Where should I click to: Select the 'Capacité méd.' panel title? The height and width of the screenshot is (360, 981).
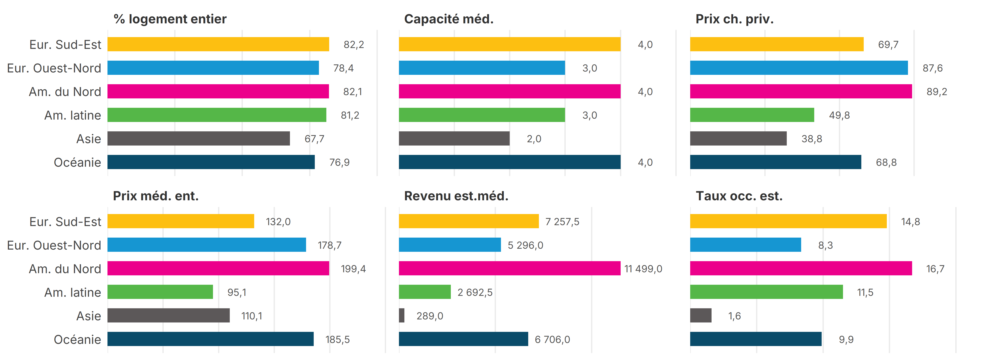pyautogui.click(x=449, y=19)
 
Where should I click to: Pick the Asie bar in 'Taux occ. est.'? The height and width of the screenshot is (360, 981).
pyautogui.click(x=701, y=315)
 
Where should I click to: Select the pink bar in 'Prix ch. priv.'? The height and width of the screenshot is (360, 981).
pyautogui.click(x=801, y=91)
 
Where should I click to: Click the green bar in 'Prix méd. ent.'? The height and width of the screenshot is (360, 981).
pyautogui.click(x=160, y=292)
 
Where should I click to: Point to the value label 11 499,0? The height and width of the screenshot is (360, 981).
pyautogui.click(x=643, y=269)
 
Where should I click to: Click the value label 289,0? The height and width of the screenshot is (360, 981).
pyautogui.click(x=429, y=316)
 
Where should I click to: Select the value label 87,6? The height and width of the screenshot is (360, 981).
pyautogui.click(x=932, y=68)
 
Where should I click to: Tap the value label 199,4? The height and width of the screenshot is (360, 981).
pyautogui.click(x=353, y=269)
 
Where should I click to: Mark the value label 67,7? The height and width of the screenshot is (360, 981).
pyautogui.click(x=314, y=139)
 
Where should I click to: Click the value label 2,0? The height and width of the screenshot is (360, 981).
pyautogui.click(x=534, y=139)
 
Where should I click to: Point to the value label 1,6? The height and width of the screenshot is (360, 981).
pyautogui.click(x=734, y=316)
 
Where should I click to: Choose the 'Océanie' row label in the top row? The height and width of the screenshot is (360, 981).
pyautogui.click(x=77, y=162)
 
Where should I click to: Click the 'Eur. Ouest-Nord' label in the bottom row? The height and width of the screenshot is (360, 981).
pyautogui.click(x=54, y=245)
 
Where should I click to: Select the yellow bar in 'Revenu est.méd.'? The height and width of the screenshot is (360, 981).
pyautogui.click(x=469, y=221)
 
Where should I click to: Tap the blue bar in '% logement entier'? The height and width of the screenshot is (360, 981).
pyautogui.click(x=213, y=68)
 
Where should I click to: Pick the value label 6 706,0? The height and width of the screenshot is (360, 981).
pyautogui.click(x=552, y=340)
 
